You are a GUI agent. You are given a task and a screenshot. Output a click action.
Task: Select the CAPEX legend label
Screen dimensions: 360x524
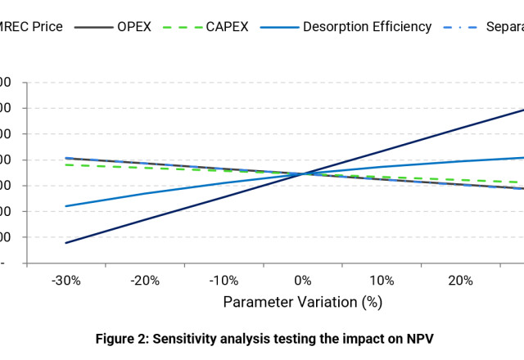pyautogui.click(x=227, y=27)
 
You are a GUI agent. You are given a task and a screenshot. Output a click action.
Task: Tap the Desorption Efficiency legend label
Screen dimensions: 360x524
pyautogui.click(x=367, y=27)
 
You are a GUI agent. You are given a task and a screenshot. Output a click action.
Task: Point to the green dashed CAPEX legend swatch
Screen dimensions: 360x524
pyautogui.click(x=182, y=27)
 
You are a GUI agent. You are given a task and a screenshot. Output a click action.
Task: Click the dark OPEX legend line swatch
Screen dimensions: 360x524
pyautogui.click(x=93, y=27)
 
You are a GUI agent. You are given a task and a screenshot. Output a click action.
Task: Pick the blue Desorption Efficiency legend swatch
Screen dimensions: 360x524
pyautogui.click(x=279, y=27)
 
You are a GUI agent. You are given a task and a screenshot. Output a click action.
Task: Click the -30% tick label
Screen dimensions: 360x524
pyautogui.click(x=65, y=281)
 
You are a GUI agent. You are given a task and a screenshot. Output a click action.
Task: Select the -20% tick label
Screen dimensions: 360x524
pyautogui.click(x=145, y=281)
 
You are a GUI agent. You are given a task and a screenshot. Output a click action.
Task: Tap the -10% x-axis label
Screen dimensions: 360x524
pyautogui.click(x=224, y=281)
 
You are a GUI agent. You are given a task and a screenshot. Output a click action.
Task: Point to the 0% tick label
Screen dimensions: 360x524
pyautogui.click(x=303, y=281)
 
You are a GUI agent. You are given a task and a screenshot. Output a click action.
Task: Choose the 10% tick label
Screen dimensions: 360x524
pyautogui.click(x=382, y=281)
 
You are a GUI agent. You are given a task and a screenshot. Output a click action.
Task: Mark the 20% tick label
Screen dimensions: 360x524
pyautogui.click(x=460, y=281)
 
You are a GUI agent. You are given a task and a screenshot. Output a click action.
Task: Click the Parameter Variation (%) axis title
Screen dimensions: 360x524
pyautogui.click(x=303, y=302)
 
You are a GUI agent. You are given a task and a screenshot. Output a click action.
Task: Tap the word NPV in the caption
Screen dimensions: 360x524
pyautogui.click(x=418, y=339)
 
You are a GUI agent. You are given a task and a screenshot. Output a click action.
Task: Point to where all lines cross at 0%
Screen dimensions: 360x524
pyautogui.click(x=304, y=173)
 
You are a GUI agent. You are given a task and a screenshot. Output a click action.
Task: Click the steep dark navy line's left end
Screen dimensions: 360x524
pyautogui.click(x=66, y=243)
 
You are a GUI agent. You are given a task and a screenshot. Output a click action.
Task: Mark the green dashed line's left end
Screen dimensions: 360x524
pyautogui.click(x=66, y=164)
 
